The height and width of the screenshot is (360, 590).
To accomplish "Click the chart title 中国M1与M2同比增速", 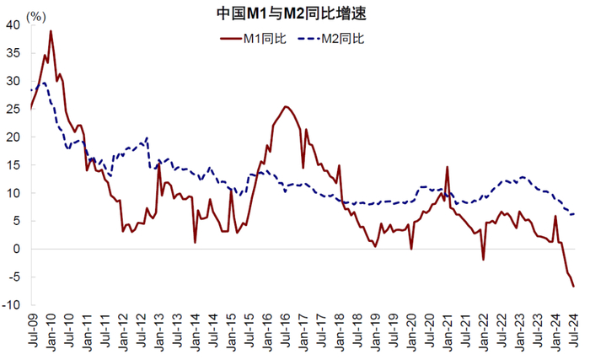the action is pyautogui.click(x=292, y=13).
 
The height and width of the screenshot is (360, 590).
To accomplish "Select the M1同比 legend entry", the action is pyautogui.click(x=253, y=39).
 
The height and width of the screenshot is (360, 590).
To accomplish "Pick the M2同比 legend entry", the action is pyautogui.click(x=331, y=39).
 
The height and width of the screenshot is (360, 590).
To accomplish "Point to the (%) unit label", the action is pyautogui.click(x=36, y=17).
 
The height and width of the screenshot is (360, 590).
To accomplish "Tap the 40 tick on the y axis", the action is pyautogui.click(x=13, y=24).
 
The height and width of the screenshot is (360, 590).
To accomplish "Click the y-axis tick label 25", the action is pyautogui.click(x=13, y=110).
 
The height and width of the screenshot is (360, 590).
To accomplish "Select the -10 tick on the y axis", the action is pyautogui.click(x=11, y=305).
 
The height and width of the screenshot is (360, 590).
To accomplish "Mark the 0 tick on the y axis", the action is pyautogui.click(x=16, y=249).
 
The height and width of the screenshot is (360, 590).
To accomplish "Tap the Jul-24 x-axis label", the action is pyautogui.click(x=573, y=330).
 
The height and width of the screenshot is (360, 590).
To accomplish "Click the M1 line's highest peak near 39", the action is pyautogui.click(x=51, y=31).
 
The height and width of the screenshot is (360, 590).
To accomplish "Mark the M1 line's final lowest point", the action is pyautogui.click(x=573, y=287).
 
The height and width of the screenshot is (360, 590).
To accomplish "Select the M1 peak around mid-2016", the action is pyautogui.click(x=286, y=106).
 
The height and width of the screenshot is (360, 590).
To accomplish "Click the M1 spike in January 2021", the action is pyautogui.click(x=448, y=166).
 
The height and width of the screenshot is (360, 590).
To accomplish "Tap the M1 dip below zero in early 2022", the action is pyautogui.click(x=483, y=260).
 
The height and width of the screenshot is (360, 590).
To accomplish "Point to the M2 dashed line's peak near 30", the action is pyautogui.click(x=45, y=83).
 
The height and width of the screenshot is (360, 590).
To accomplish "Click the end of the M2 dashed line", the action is pyautogui.click(x=574, y=214).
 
